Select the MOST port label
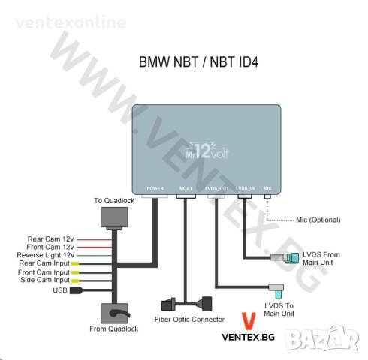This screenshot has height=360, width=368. pyautogui.click(x=186, y=189)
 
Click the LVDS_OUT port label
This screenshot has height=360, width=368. pyautogui.click(x=216, y=189)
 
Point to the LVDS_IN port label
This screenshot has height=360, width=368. pyautogui.click(x=246, y=189)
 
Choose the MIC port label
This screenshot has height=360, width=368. pyautogui.click(x=268, y=189)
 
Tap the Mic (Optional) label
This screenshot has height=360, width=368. pyautogui.click(x=318, y=220)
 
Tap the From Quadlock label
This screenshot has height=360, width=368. pyautogui.click(x=113, y=328)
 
